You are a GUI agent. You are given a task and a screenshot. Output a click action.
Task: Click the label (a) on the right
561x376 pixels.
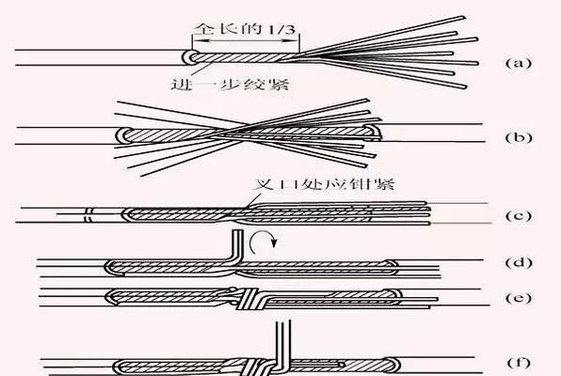(x=519, y=63)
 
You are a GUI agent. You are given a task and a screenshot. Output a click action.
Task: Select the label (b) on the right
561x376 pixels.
(x=519, y=137)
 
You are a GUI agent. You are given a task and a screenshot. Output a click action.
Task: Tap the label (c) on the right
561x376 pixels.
(x=519, y=215)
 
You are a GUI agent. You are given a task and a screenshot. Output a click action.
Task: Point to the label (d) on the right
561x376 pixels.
(x=519, y=262)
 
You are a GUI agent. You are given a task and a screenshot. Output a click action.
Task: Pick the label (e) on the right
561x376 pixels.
(x=519, y=298)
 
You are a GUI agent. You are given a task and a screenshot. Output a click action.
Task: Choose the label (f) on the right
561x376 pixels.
(x=519, y=363)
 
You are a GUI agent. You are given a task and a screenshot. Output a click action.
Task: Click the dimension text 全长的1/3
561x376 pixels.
(x=246, y=28)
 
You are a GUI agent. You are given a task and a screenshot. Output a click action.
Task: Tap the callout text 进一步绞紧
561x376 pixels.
(x=230, y=84)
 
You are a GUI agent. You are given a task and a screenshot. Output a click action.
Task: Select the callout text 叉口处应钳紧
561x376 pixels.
(x=324, y=184)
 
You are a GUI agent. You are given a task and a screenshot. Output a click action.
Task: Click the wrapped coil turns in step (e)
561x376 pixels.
(x=250, y=298)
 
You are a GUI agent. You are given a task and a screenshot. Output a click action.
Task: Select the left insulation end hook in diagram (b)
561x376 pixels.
(x=122, y=135)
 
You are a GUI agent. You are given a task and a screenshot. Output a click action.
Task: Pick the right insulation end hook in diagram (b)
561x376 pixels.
(x=375, y=132)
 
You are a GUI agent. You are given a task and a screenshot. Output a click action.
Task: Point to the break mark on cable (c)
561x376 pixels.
(x=88, y=214)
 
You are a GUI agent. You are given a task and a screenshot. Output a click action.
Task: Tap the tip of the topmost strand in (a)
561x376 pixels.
(x=464, y=17)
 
